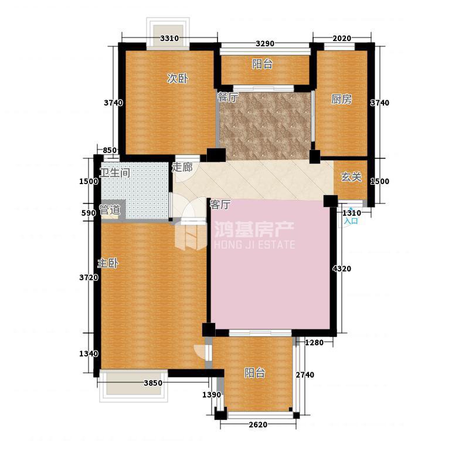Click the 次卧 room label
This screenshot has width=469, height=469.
pyautogui.click(x=178, y=79)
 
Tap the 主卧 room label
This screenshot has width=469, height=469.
pyautogui.click(x=108, y=263)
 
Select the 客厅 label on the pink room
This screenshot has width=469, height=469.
pyautogui.click(x=220, y=205)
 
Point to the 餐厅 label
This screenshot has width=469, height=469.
pyautogui.click(x=228, y=97)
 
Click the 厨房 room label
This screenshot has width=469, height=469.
pyautogui.click(x=342, y=99)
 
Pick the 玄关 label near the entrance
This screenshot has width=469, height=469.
pyautogui.click(x=351, y=177)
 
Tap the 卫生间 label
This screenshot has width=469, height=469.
pyautogui.click(x=115, y=172)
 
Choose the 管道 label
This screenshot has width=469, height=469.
pyautogui.click(x=110, y=210)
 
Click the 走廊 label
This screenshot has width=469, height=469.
pyautogui.click(x=182, y=167)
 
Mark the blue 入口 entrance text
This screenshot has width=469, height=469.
pyautogui.click(x=351, y=221)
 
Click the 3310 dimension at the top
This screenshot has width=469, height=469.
pyautogui.click(x=169, y=38)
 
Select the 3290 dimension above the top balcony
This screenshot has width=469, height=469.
pyautogui.click(x=265, y=43)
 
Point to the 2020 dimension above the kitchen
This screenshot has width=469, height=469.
pyautogui.click(x=342, y=38)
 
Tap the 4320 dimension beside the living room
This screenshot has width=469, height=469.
pyautogui.click(x=342, y=269)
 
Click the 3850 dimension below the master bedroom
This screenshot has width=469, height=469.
pyautogui.click(x=153, y=383)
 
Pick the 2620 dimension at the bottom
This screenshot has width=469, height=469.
pyautogui.click(x=258, y=424)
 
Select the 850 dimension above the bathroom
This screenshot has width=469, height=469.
pyautogui.click(x=110, y=151)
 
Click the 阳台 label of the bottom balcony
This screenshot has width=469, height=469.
pyautogui.click(x=254, y=373)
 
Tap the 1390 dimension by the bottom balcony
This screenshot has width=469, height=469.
pyautogui.click(x=212, y=395)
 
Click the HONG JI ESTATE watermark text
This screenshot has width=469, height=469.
pyautogui.click(x=254, y=244)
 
